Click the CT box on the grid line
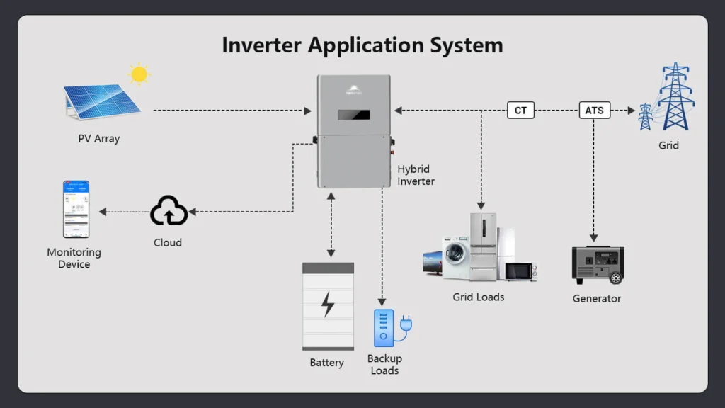520,110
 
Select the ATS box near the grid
594,110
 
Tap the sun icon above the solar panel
139,74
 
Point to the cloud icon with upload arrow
169,211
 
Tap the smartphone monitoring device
76,209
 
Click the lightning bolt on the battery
328,304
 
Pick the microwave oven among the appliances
521,271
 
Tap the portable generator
598,265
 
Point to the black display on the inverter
354,115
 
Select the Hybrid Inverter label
416,175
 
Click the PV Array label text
98,139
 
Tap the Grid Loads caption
479,297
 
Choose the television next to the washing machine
432,263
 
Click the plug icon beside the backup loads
406,325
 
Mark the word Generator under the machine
597,299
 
